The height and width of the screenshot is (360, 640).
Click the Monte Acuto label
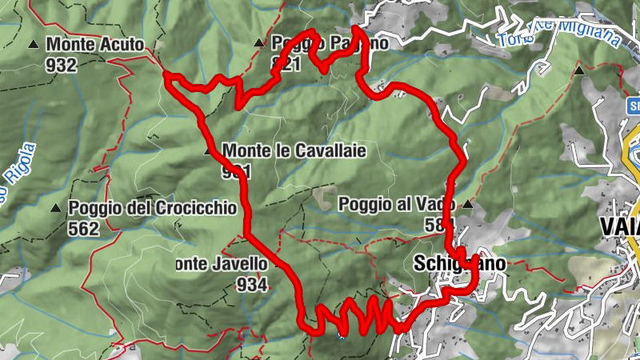pyautogui.click(x=95, y=45)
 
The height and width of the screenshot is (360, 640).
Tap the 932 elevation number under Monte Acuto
pyautogui.click(x=62, y=65)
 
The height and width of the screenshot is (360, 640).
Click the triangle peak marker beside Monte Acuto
pyautogui.click(x=34, y=45)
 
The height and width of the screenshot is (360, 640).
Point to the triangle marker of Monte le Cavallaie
pyautogui.click(x=209, y=150)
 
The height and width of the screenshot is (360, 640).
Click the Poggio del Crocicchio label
pyautogui.click(x=152, y=208)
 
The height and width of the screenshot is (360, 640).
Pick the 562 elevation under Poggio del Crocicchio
pyautogui.click(x=83, y=229)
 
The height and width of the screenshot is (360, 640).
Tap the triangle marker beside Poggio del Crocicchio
pyautogui.click(x=55, y=208)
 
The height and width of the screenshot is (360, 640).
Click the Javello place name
pyautogui.click(x=215, y=263)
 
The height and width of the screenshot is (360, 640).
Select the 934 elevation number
pyautogui.click(x=252, y=284)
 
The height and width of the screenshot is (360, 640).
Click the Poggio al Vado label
pyautogui.click(x=396, y=203)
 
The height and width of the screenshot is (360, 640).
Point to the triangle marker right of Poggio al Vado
pyautogui.click(x=467, y=204)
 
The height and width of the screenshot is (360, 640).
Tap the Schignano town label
pyautogui.click(x=459, y=262)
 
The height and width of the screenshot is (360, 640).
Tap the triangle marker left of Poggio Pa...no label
pyautogui.click(x=258, y=42)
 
